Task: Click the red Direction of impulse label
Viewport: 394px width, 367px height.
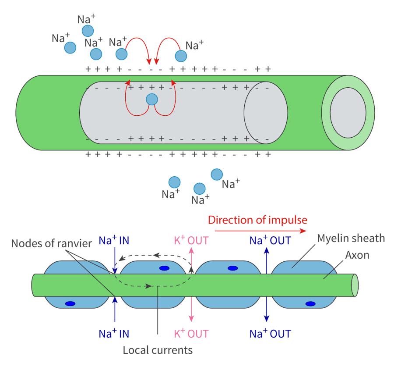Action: [257, 220]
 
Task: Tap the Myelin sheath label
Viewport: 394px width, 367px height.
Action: [351, 239]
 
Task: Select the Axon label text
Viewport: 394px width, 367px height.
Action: [357, 255]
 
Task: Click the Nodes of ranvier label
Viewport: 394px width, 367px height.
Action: [51, 243]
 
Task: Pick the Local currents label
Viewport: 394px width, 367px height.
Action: [157, 350]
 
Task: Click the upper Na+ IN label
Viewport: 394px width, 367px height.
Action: [114, 240]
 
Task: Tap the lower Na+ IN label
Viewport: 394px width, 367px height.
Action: [114, 334]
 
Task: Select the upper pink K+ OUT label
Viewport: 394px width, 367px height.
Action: [191, 240]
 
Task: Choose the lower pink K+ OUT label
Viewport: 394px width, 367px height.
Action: [191, 334]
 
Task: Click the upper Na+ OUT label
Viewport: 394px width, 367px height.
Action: [270, 240]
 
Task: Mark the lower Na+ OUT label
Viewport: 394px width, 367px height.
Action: [270, 334]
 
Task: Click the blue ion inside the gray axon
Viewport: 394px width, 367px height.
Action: [151, 99]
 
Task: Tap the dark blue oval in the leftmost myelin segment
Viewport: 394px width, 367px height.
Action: [70, 303]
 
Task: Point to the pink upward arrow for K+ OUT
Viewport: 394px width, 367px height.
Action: [191, 259]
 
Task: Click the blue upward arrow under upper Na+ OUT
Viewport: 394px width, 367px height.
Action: [266, 261]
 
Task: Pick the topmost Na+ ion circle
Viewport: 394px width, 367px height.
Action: [88, 31]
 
